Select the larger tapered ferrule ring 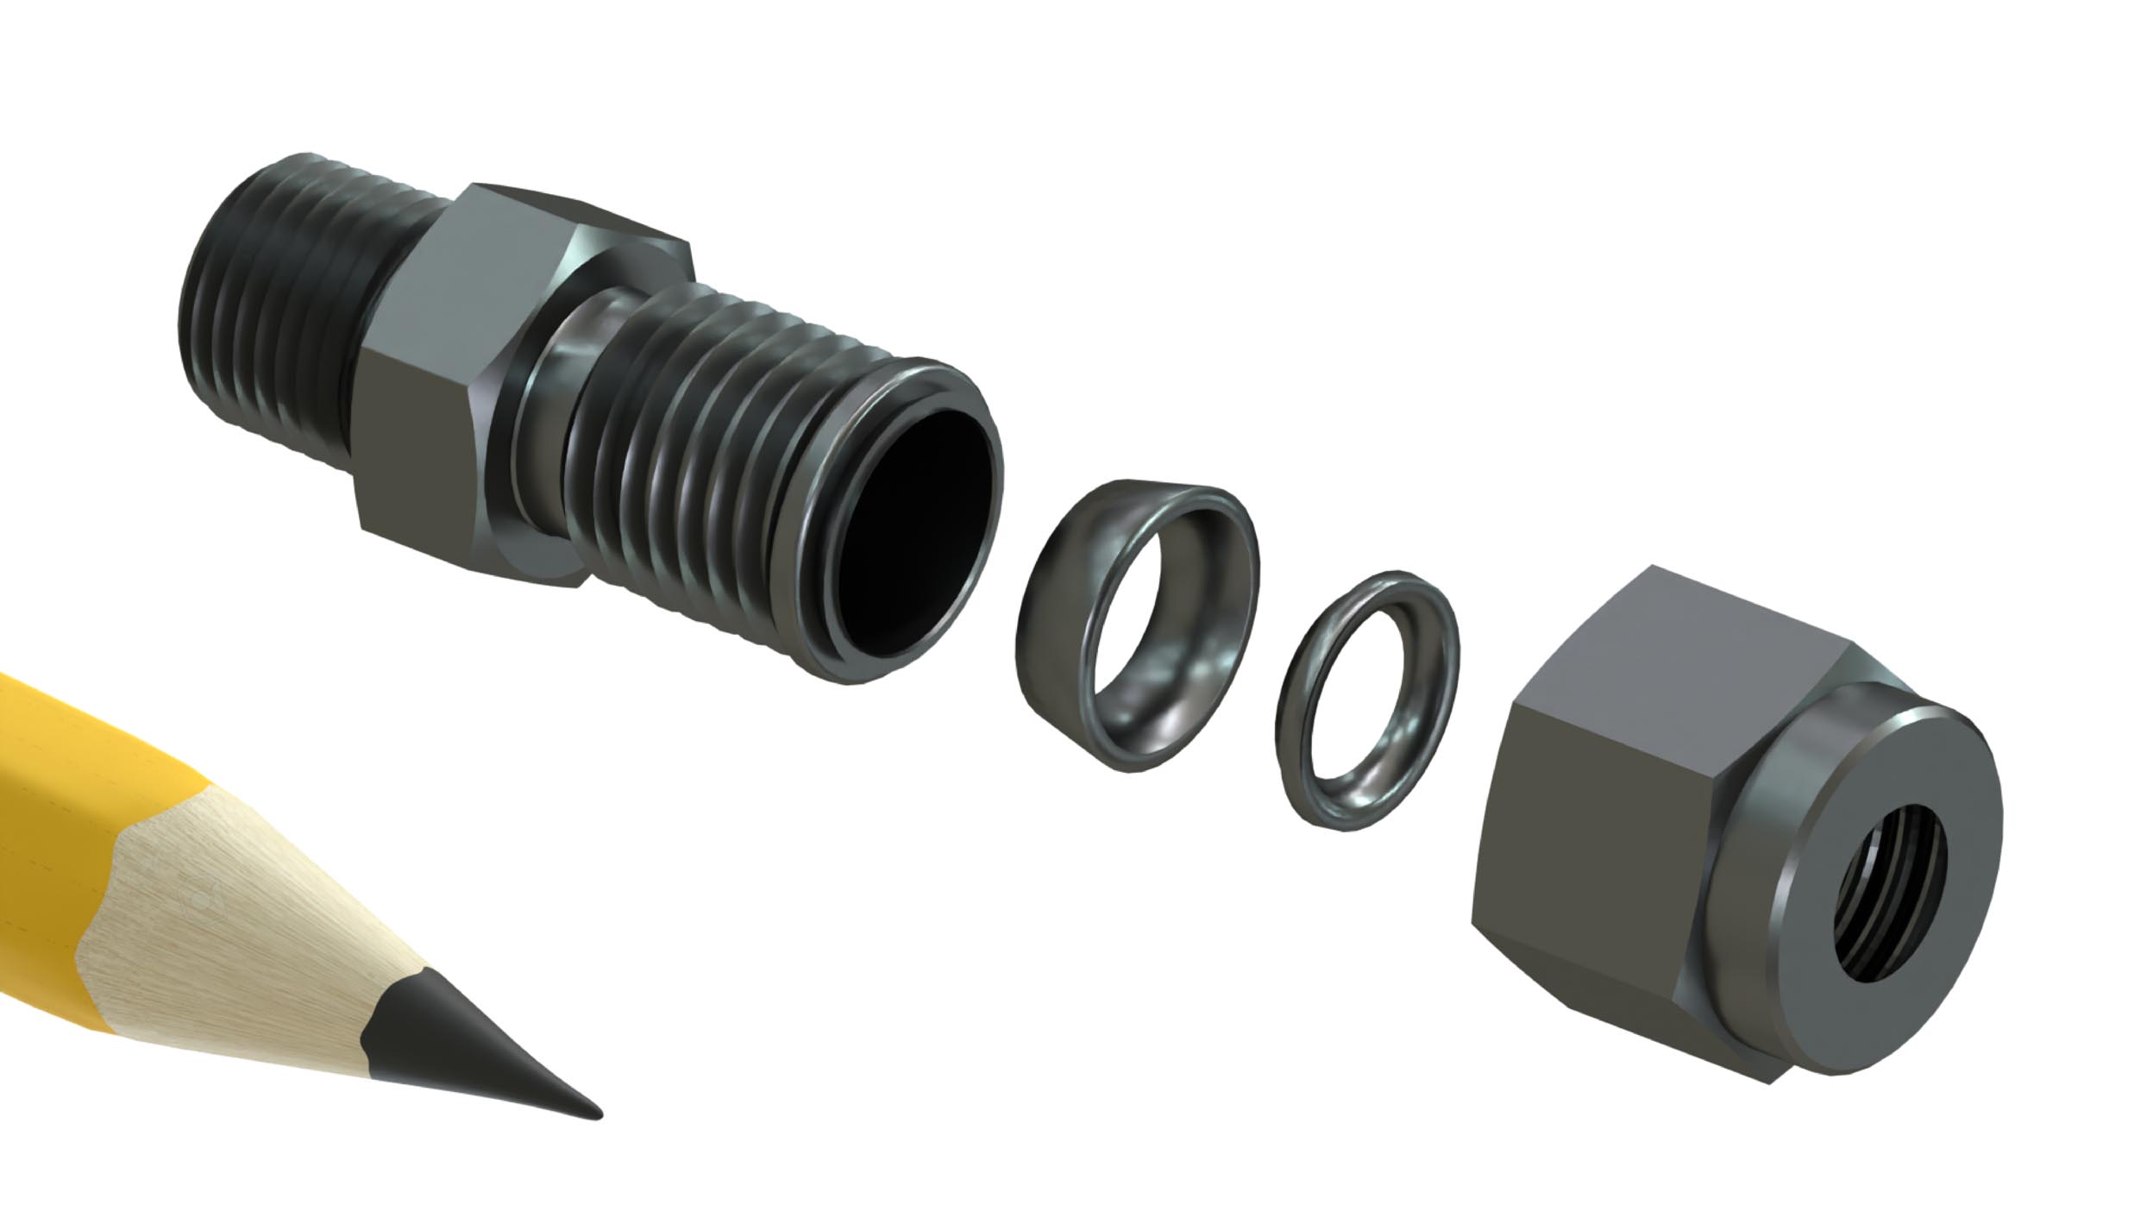coord(1130,621)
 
